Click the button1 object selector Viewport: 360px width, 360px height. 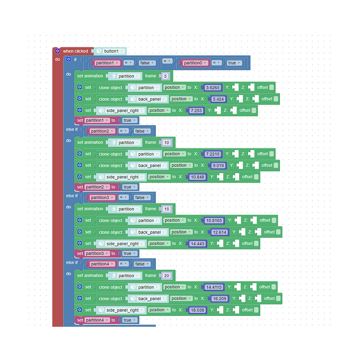tap(110, 51)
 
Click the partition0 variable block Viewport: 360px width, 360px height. tap(195, 63)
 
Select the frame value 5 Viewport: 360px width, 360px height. tap(165, 76)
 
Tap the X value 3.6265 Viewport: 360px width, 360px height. tap(213, 87)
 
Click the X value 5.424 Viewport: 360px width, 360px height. tap(218, 99)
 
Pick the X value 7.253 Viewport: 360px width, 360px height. tap(196, 111)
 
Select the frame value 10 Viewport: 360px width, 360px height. tap(167, 143)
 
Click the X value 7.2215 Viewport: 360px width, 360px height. tap(213, 154)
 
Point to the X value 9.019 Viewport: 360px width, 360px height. tap(218, 166)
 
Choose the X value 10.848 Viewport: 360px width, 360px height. tap(197, 177)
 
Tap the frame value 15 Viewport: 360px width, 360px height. tap(167, 209)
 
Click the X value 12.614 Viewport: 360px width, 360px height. tap(220, 232)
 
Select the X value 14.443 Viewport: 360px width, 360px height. tap(197, 244)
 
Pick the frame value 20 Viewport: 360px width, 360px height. tap(167, 275)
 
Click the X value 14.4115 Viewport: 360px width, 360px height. tap(214, 287)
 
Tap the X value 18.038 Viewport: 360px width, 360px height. tap(197, 310)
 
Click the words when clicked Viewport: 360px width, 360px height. tap(76, 51)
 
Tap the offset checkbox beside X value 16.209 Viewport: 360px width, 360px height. tap(278, 298)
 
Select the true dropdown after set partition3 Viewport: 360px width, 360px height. tap(129, 253)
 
